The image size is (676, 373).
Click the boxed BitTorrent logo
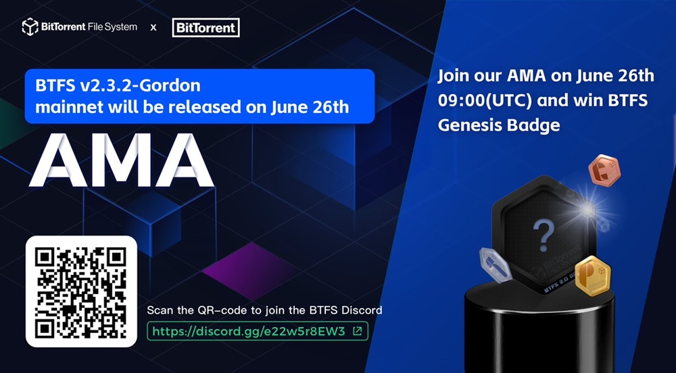206,28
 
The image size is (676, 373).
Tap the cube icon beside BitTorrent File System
30,27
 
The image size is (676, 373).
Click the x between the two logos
153,28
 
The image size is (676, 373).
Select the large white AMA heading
121,160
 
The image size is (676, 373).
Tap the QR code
81,291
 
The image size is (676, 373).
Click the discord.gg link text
249,331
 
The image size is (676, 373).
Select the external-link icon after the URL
357,331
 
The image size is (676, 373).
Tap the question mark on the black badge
544,236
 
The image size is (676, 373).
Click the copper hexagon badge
604,171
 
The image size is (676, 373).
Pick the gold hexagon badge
593,276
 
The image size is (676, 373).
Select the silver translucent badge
496,265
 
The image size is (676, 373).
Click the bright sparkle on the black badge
587,210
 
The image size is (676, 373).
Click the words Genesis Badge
499,125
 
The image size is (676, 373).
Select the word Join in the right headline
454,76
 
